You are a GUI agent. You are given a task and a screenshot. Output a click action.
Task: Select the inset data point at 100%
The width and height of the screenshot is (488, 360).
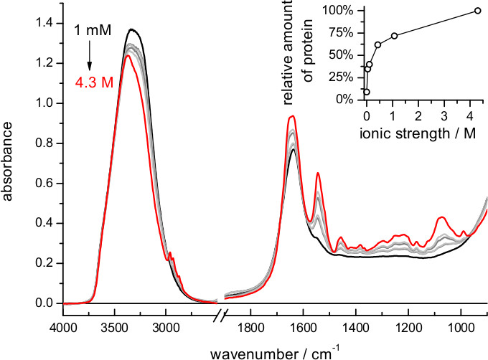477,11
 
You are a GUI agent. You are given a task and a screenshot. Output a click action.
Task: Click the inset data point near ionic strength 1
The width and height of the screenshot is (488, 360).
394,36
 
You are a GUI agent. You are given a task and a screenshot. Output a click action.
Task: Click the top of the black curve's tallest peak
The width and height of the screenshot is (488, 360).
132,29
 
